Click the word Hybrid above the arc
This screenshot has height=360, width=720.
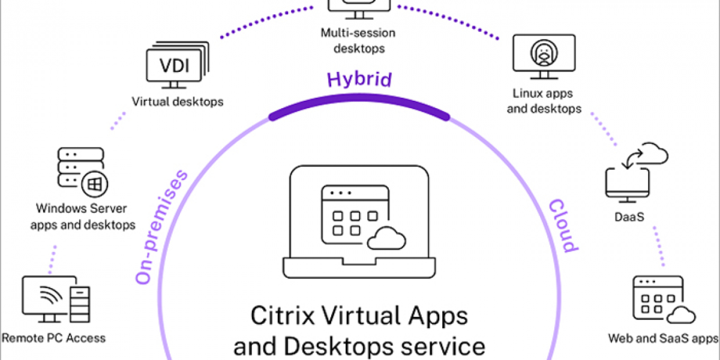[x=359, y=80]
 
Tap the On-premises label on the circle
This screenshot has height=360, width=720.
[x=161, y=227]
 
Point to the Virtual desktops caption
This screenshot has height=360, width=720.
[x=178, y=101]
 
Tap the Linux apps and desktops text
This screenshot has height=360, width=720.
[x=544, y=101]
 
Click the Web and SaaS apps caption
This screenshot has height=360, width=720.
[x=663, y=338]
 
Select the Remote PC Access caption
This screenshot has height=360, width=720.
[x=53, y=338]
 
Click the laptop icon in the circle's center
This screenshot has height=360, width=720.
[x=360, y=222]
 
